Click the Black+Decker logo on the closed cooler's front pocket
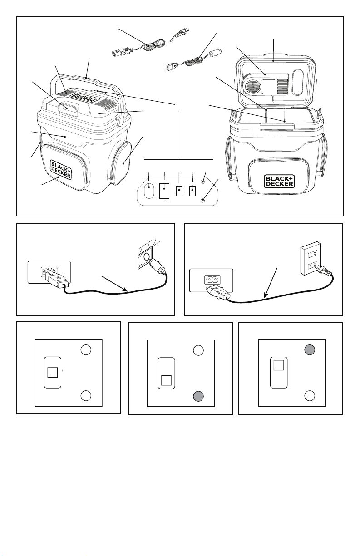click(x=61, y=169)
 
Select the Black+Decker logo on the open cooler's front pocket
click(x=279, y=181)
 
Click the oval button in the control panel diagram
click(x=149, y=190)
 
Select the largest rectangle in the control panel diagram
click(x=164, y=191)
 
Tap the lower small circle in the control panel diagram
click(x=203, y=200)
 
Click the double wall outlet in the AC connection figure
click(x=311, y=258)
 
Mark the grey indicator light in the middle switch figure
click(x=198, y=396)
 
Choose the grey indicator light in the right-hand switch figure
click(x=310, y=350)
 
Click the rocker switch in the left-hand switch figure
click(x=53, y=372)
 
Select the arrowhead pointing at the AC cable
click(x=266, y=295)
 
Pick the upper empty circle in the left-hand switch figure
click(x=86, y=350)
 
